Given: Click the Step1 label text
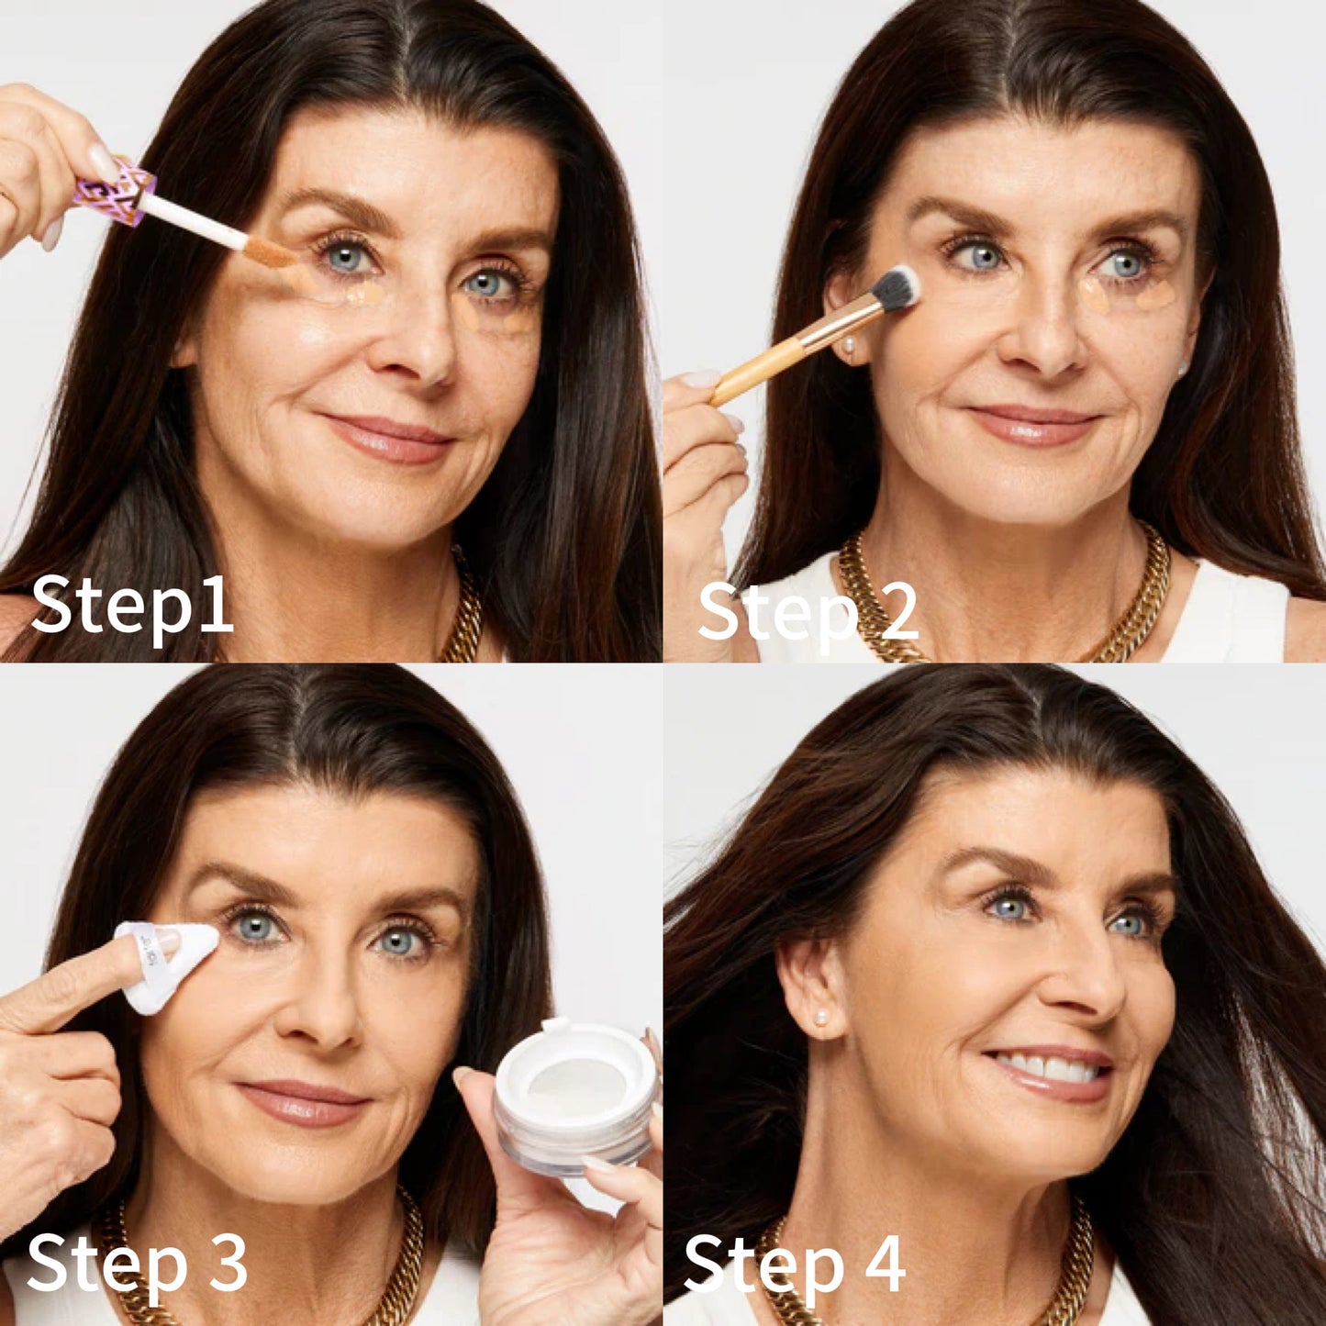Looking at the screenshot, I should tap(132, 606).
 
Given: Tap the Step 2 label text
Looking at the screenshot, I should tap(808, 612).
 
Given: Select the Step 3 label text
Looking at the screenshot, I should tap(138, 1265).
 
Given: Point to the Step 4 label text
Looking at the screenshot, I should tap(795, 1265).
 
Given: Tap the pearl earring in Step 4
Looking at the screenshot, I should tap(820, 1017).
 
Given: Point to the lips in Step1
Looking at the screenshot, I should tap(390, 438).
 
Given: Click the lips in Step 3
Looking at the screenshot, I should tap(303, 1101).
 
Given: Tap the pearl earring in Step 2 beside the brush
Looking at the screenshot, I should tap(850, 346).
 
